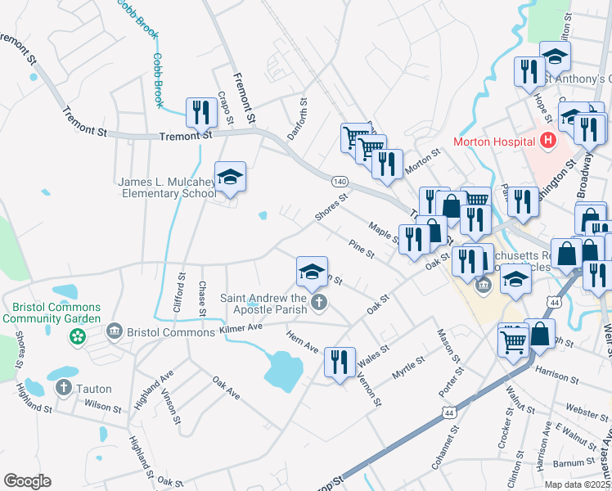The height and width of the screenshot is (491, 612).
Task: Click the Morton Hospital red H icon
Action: [547, 141]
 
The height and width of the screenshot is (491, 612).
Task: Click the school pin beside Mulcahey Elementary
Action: [231, 178]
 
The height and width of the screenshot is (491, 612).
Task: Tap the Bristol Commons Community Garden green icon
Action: [78, 336]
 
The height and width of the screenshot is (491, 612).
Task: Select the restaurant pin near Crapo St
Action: [201, 111]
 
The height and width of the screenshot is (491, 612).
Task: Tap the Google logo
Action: [27, 481]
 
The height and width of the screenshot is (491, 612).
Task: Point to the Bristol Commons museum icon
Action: [114, 330]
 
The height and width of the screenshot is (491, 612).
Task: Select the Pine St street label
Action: [361, 249]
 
